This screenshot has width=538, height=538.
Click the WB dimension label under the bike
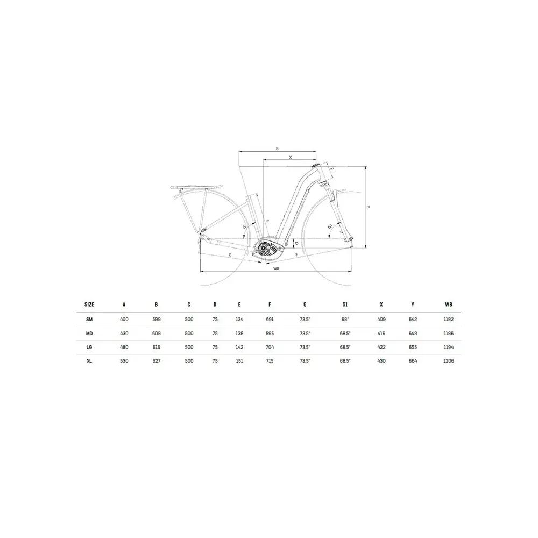tap(276, 268)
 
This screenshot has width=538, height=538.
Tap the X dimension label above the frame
tap(291, 157)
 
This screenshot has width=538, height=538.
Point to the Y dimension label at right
tap(368, 207)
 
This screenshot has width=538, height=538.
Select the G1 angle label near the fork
tap(330, 226)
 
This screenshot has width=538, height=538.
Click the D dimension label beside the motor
tap(297, 244)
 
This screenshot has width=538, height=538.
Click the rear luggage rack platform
tap(196, 187)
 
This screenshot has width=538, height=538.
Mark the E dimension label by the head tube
tap(332, 169)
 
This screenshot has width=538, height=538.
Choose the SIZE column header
tap(89, 305)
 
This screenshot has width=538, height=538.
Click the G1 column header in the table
tap(345, 305)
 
